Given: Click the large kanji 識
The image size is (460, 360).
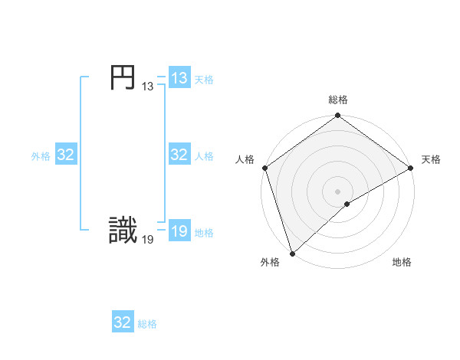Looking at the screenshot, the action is pos(123,231).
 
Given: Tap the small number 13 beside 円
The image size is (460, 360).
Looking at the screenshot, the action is pos(147,87).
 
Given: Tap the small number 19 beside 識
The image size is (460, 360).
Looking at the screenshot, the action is pos(147,240).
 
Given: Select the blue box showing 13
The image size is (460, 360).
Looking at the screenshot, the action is pos(179,78).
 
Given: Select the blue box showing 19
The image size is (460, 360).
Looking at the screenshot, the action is pos(179,231).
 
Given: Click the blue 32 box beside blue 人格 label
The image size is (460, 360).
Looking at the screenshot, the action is pos(179,155).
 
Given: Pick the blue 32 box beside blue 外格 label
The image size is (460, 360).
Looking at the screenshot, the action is pos(65,155).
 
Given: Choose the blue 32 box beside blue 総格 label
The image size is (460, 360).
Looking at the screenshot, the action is pos(123,322).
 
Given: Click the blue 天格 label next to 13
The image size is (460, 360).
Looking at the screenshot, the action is pos(204,80).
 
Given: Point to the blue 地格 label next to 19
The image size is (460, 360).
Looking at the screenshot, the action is pos(204,233).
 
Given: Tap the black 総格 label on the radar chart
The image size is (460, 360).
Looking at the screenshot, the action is pos(338,100).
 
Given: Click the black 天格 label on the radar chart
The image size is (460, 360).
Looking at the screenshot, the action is pos(431,159).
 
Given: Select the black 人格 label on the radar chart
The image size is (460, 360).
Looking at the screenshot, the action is pos(245,159).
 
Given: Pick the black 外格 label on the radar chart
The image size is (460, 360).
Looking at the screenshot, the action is pos(270,262).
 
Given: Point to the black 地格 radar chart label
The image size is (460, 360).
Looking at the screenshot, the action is pos(402,262).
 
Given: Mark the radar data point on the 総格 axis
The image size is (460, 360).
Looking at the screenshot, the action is pos(338,116).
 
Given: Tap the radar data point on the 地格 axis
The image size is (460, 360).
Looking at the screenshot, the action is pos(347,204).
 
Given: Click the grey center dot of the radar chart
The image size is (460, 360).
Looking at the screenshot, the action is pos(338,191).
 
